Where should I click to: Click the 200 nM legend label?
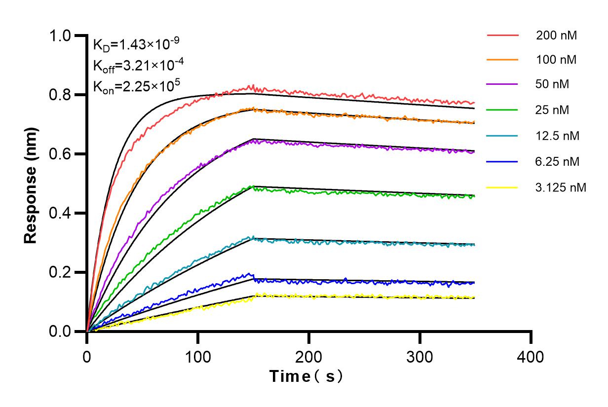tap(557, 36)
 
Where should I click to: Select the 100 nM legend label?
tap(557, 60)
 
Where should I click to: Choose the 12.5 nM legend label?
tap(558, 136)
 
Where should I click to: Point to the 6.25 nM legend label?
tap(558, 161)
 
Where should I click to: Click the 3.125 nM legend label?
tap(561, 187)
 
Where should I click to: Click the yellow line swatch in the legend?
tap(502, 187)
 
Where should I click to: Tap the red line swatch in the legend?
tap(502, 36)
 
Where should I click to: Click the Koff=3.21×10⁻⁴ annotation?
tap(136, 65)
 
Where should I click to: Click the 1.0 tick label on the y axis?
tap(62, 36)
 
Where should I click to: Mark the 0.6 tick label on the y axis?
tap(62, 154)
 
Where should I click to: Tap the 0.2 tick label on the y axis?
tap(62, 273)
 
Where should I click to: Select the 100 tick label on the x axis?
tap(198, 356)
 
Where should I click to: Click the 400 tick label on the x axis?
tap(531, 356)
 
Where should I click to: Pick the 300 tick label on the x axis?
tap(420, 356)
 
